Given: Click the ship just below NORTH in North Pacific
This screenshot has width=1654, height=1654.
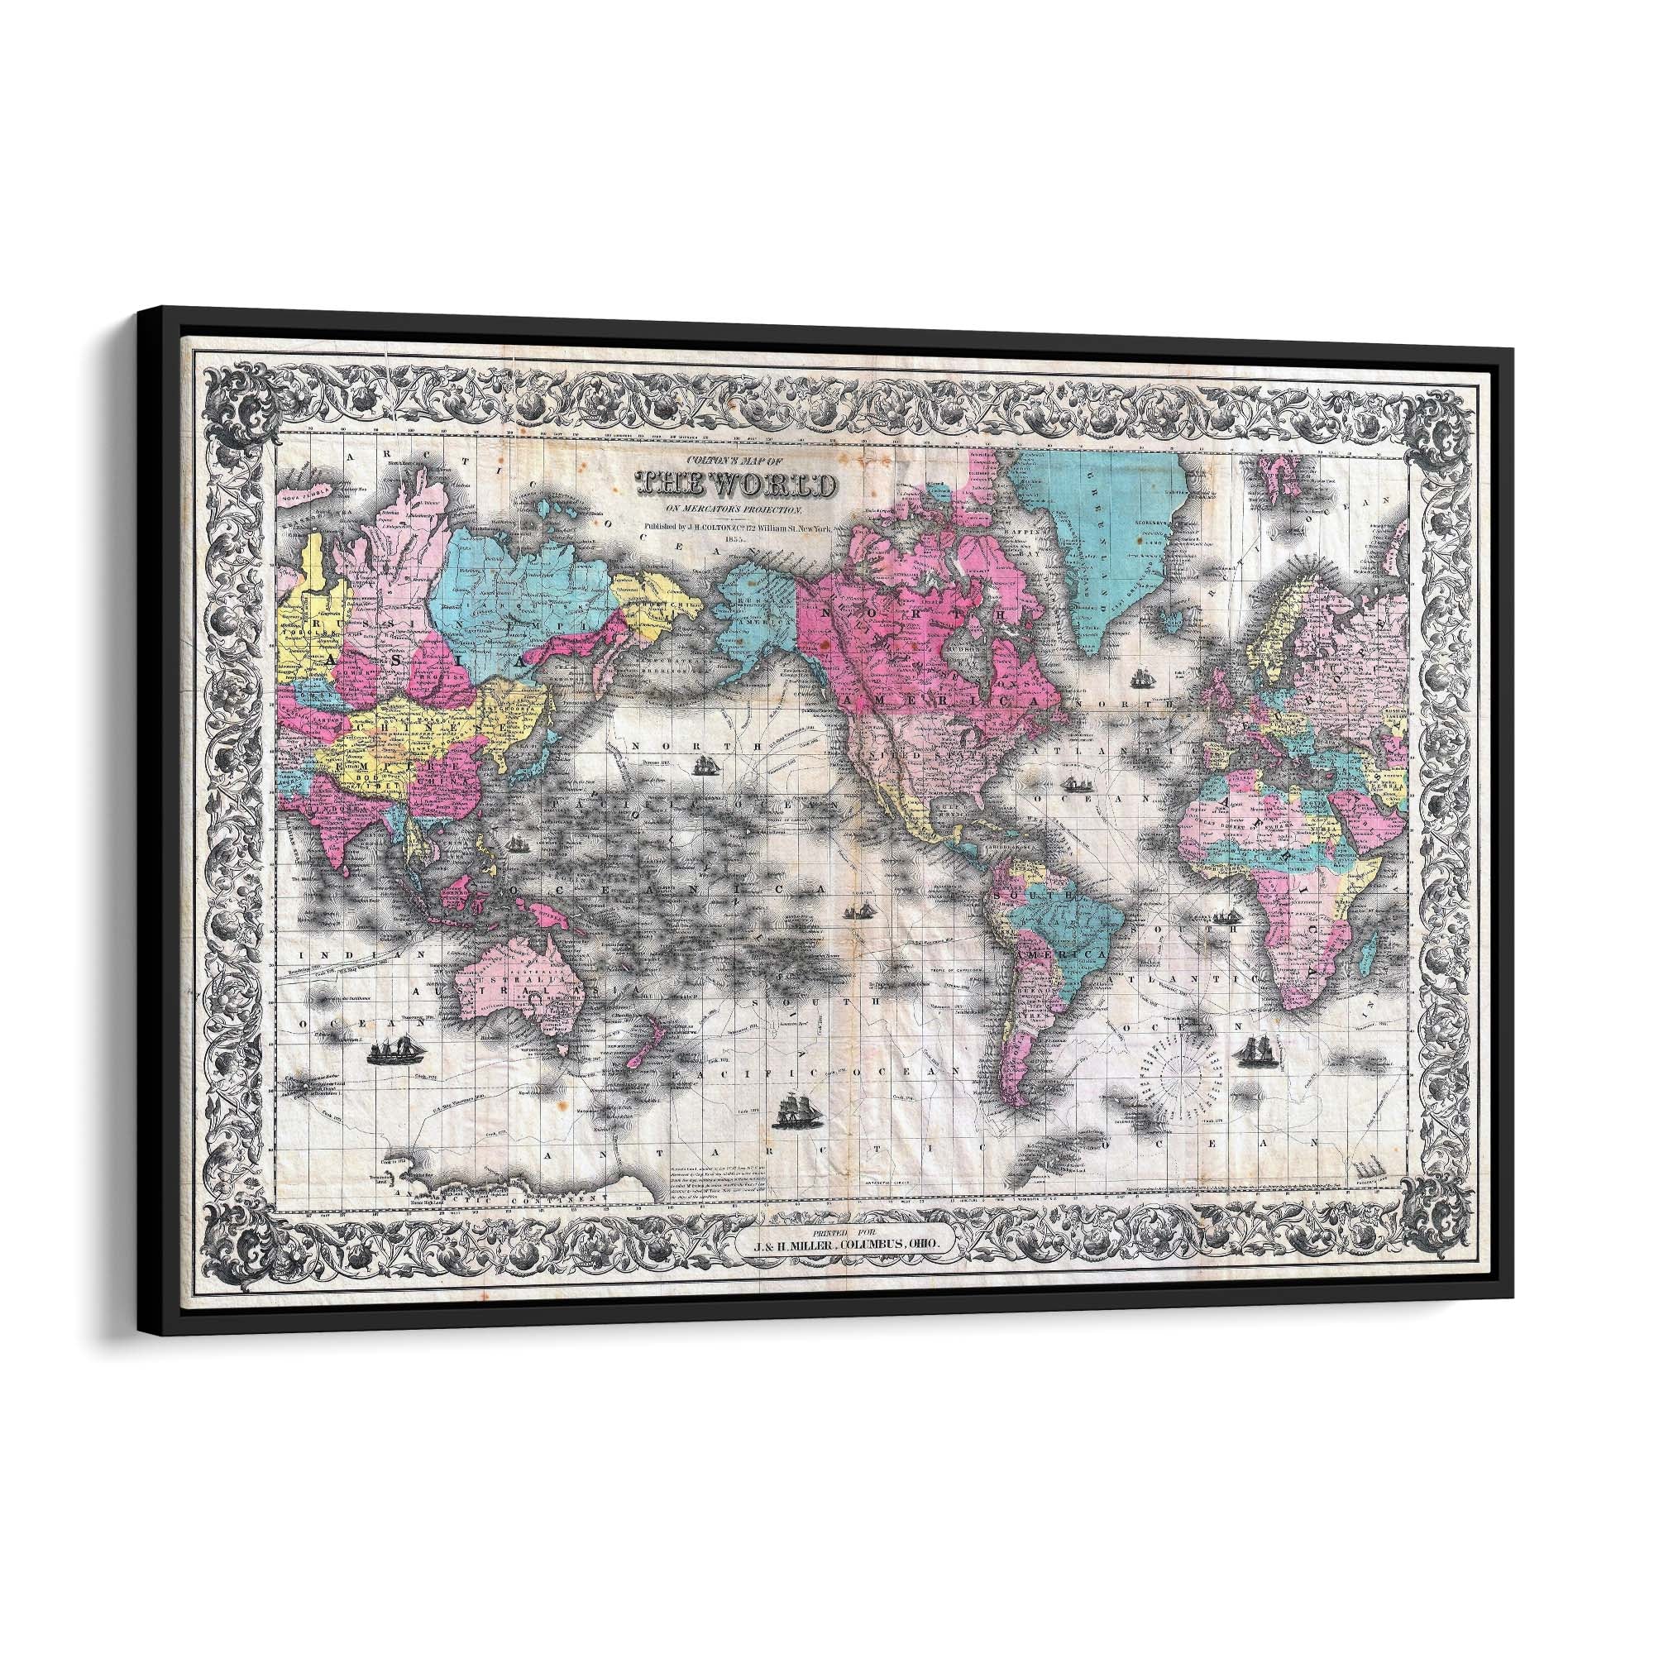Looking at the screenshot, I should point(705,767).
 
